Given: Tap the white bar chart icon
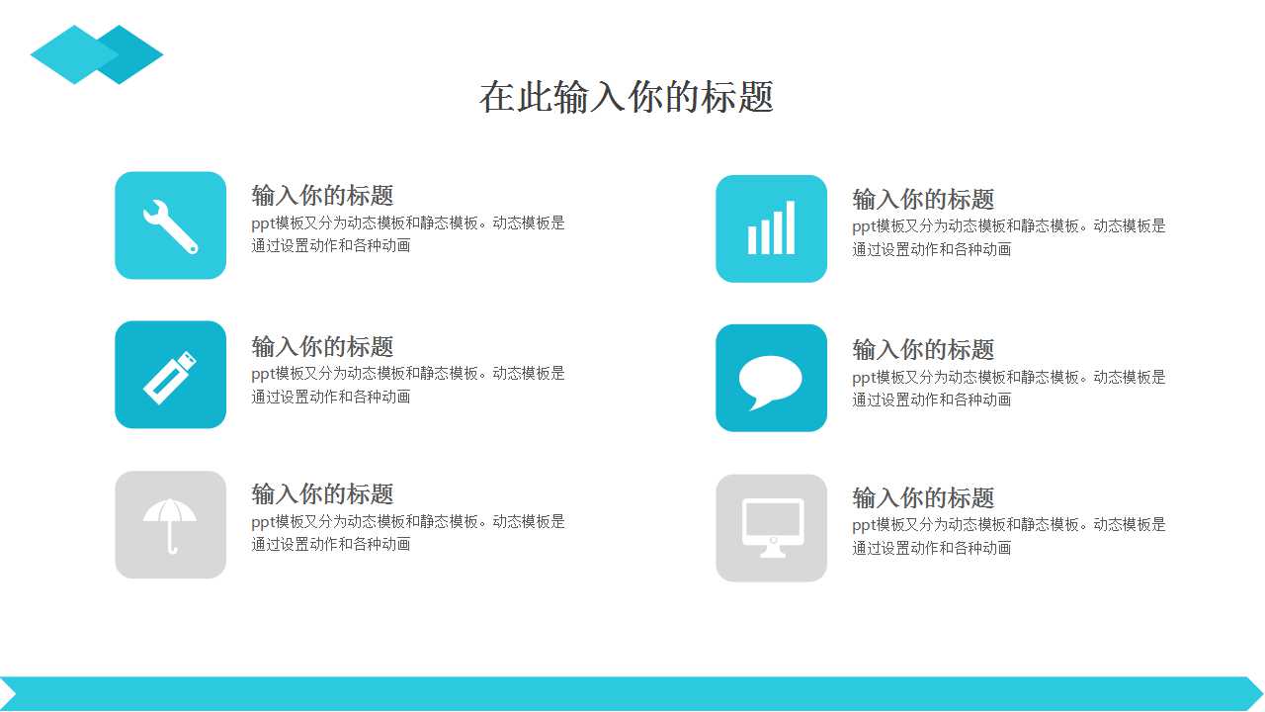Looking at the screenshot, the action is tap(772, 227).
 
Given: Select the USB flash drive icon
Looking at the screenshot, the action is tap(170, 378).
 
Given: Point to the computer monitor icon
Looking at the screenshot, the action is tap(773, 528).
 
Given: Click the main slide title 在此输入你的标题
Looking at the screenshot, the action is tap(627, 97).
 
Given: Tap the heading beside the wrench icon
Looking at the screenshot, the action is tap(322, 196).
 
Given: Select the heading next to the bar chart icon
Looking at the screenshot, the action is tap(923, 199).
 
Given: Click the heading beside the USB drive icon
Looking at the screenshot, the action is tap(322, 346).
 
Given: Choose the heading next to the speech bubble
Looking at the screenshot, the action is tap(923, 350).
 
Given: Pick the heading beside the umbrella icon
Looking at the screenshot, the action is tap(322, 493).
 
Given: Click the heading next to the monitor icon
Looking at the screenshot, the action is tap(923, 497).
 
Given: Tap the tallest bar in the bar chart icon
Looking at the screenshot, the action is tap(791, 227).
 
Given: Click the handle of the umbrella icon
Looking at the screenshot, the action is tap(171, 540).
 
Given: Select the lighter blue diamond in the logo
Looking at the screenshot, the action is tap(74, 54).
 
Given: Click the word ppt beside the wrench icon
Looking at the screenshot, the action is tap(263, 223).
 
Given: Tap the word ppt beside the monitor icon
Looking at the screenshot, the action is tap(864, 526).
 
